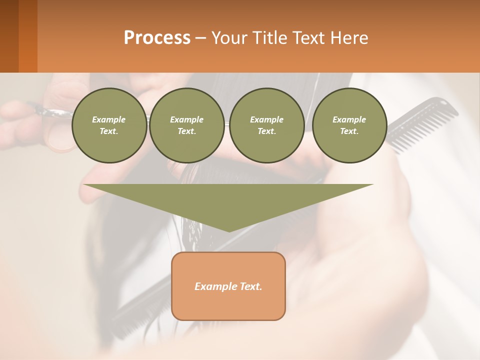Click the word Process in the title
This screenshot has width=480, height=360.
[157, 38]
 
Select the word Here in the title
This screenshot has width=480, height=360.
[350, 38]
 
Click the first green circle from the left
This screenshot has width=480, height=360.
[109, 125]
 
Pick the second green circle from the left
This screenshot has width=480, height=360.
[187, 125]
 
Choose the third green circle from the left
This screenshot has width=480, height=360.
[267, 125]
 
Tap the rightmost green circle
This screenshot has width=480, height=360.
[349, 125]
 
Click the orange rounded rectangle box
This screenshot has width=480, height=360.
[228, 286]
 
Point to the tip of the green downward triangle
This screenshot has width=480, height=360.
[229, 230]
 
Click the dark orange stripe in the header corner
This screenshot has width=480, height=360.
[28, 36]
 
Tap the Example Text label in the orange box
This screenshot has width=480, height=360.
[228, 286]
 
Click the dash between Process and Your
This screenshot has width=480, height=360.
[201, 38]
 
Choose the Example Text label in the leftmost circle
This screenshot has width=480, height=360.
[109, 125]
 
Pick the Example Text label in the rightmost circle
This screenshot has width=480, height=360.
[349, 125]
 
